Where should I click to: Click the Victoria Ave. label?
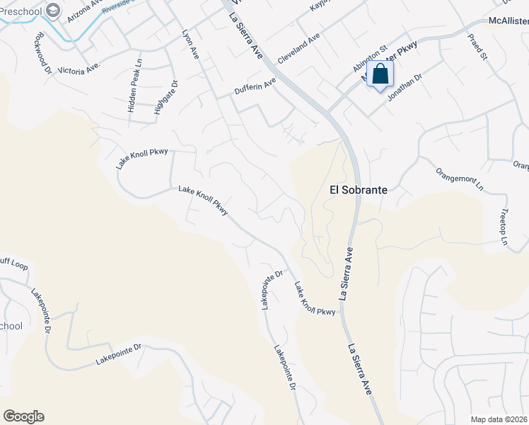[80, 70]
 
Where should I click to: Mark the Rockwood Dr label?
[42, 52]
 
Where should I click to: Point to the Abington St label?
[370, 59]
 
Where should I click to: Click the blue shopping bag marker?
[380, 74]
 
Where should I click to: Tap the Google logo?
[23, 416]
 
